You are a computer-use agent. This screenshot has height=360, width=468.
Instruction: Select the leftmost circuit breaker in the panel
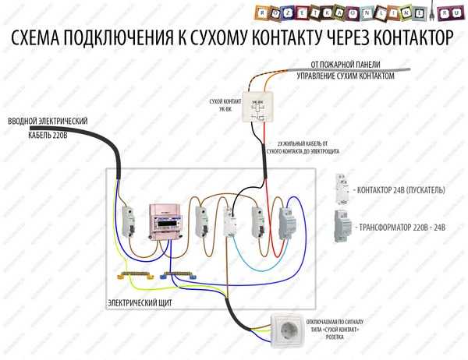[x=128, y=224]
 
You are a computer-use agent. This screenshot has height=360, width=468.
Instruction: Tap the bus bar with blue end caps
[x=180, y=275]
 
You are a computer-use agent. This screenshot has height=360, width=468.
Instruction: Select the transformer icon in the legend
[x=342, y=226]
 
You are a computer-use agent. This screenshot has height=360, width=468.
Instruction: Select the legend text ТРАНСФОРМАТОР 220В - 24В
[x=401, y=228]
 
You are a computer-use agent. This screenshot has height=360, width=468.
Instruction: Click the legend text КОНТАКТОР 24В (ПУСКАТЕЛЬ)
[x=399, y=189]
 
